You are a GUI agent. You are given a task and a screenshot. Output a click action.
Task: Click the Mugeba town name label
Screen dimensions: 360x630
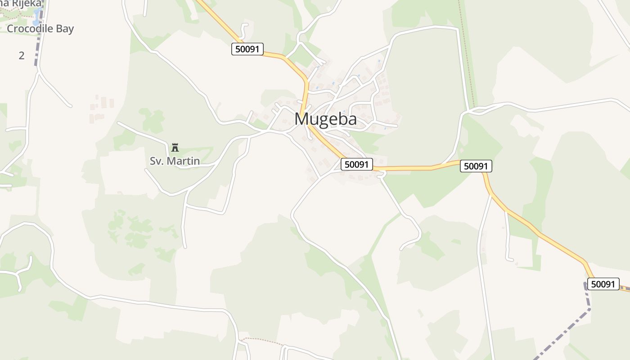(325, 119)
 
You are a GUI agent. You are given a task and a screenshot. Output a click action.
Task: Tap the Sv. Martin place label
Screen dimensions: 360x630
(175, 161)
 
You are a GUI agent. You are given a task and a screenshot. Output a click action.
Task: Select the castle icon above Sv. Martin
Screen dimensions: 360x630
(175, 147)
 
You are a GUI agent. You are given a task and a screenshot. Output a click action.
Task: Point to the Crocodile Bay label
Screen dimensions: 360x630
(40, 29)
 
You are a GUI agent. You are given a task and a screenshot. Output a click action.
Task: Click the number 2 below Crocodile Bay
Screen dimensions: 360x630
(22, 56)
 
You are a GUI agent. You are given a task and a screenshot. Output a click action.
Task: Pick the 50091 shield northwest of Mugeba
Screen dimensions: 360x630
(247, 49)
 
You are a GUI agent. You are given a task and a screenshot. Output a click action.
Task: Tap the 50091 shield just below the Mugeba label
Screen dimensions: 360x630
(357, 164)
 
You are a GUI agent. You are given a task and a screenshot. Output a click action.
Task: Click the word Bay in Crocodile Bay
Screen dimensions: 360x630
(63, 29)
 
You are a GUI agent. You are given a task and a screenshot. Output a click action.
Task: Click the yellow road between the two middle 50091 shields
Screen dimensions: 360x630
(418, 168)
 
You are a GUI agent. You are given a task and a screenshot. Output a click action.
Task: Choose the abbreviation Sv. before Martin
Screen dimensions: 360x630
(157, 161)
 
